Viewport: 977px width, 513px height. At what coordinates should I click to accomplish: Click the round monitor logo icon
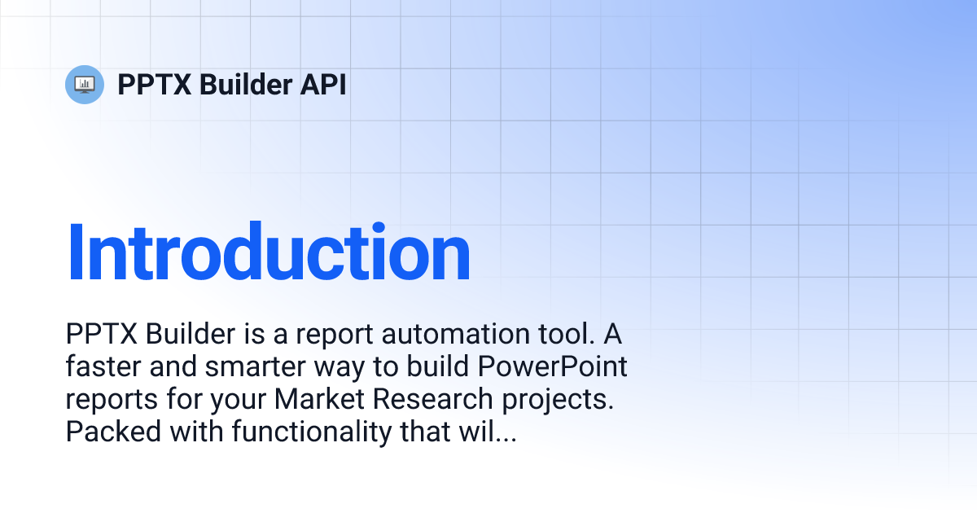85,84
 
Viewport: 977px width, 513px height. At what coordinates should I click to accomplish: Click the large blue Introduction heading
269,253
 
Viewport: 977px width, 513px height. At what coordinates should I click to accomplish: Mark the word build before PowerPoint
440,367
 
